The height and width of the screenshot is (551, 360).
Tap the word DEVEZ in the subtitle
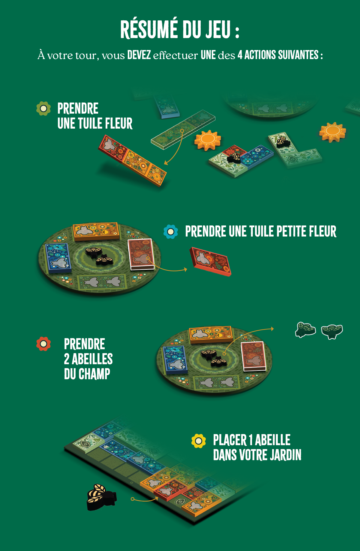point(139,55)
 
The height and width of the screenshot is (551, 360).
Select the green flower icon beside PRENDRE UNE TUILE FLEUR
point(43,109)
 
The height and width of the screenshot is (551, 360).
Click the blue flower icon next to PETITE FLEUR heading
point(171,232)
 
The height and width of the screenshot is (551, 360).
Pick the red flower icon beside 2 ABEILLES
point(43,344)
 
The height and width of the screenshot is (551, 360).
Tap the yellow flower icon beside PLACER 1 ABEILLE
point(199,441)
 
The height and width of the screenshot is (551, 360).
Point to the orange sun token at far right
point(332,132)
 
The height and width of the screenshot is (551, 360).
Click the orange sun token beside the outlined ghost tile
point(207,140)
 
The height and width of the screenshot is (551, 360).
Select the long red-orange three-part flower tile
point(132,160)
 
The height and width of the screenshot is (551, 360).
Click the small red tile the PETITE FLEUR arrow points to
point(210,261)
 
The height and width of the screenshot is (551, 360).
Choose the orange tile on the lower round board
point(211,335)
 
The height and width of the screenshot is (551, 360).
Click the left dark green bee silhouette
point(305,330)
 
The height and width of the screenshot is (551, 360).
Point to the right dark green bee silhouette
point(332,332)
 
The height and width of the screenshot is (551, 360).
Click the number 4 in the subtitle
point(240,55)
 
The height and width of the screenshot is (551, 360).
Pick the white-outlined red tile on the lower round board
point(253,356)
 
